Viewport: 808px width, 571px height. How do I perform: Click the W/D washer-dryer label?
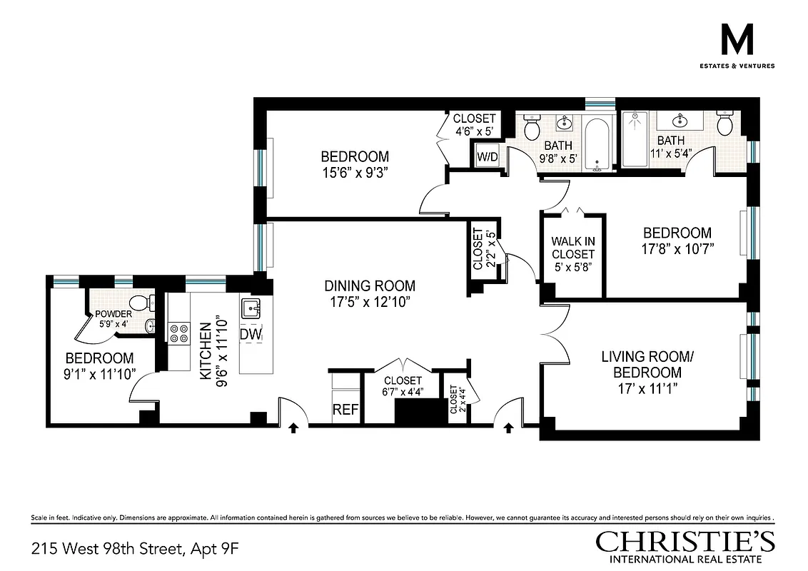point(487,156)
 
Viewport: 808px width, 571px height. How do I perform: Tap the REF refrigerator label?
point(345,410)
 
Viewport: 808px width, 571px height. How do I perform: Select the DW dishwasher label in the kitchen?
point(250,334)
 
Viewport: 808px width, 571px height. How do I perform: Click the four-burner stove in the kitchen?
point(178,333)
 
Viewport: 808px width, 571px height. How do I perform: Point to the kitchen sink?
point(251,308)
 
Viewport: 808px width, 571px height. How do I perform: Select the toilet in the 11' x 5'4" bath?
point(724,126)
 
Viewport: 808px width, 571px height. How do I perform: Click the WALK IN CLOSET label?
point(572,248)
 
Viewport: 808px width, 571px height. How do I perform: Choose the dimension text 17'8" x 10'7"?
point(677,248)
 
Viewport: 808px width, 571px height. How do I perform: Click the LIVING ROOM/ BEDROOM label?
point(641,364)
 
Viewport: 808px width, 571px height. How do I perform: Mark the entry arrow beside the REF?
point(293,428)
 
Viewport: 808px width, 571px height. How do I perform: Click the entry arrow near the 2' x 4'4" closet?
point(508,428)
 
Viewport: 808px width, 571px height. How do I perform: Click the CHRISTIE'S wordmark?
point(685,542)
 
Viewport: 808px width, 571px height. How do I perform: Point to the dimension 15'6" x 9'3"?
point(354,172)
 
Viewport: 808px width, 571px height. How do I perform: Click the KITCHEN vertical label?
point(205,350)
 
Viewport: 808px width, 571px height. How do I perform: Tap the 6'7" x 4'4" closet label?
point(403,385)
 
